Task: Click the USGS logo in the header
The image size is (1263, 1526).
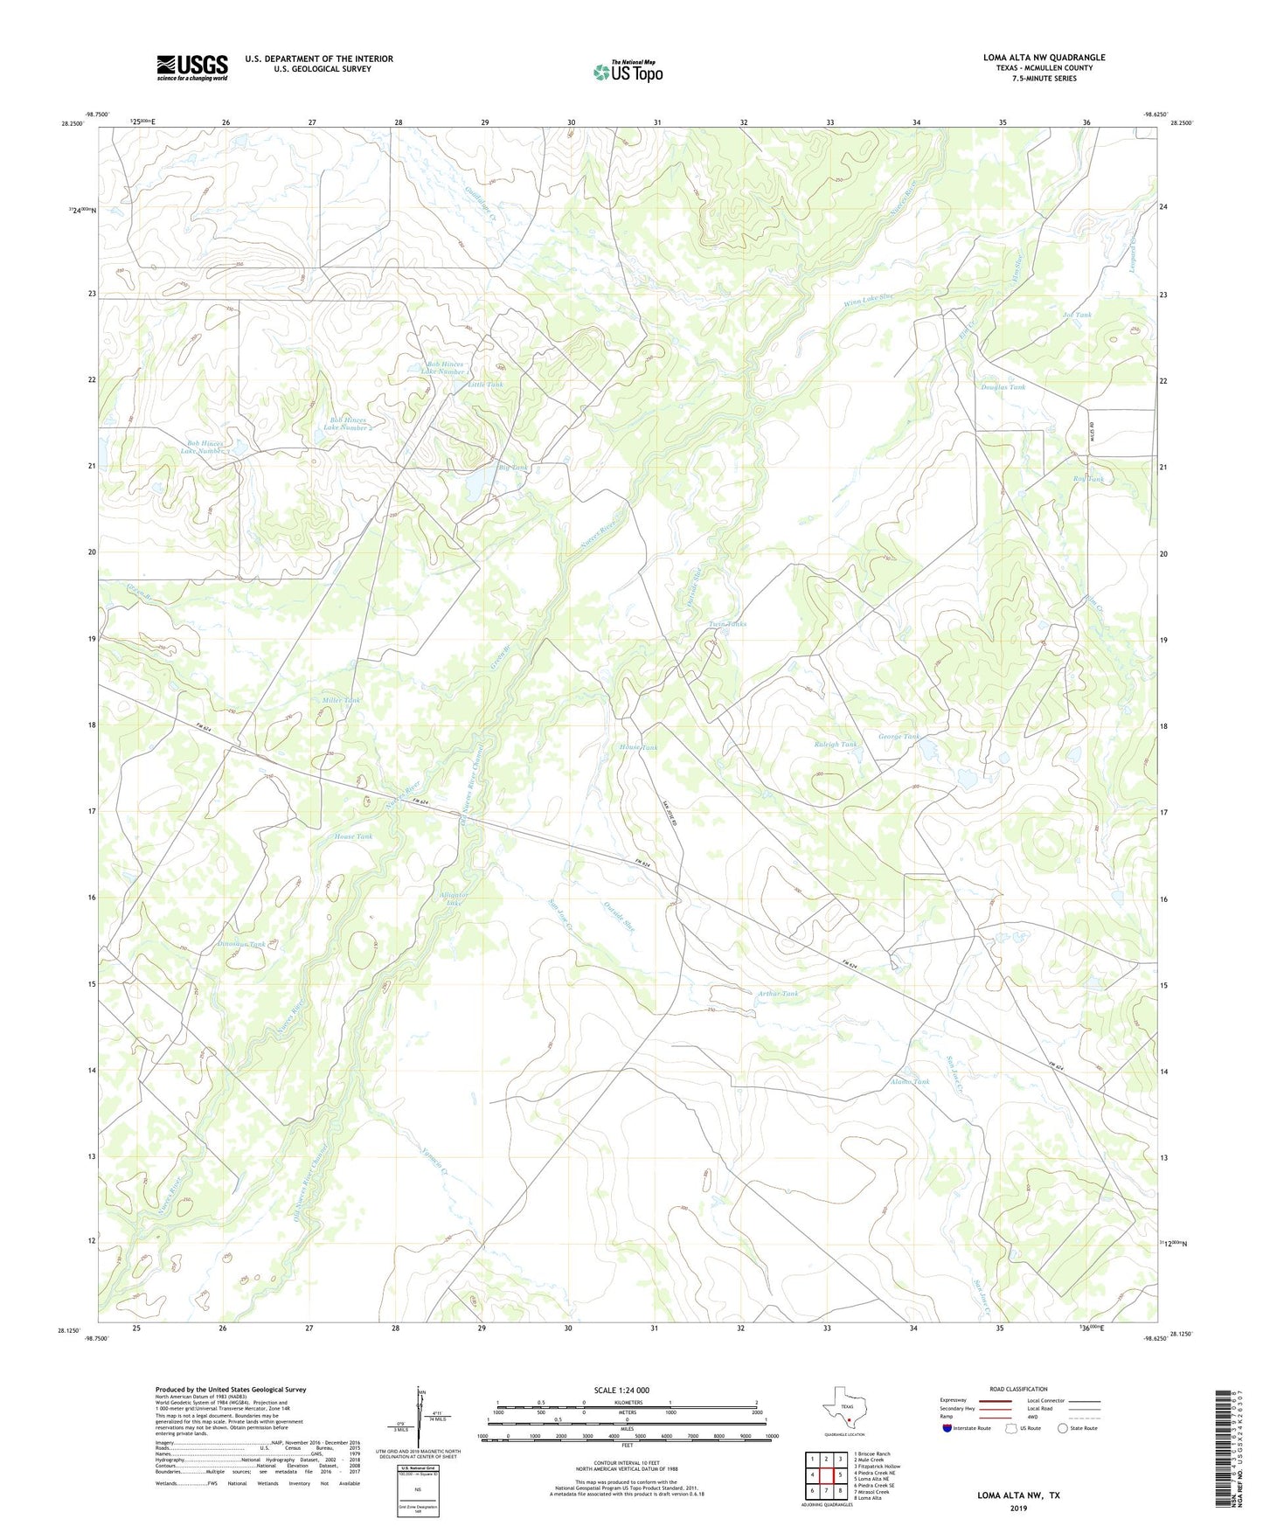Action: (x=192, y=67)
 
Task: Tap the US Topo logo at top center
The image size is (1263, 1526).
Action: (x=627, y=72)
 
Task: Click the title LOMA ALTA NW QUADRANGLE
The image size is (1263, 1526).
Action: (x=1044, y=58)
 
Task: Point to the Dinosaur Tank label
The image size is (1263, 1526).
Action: (x=240, y=944)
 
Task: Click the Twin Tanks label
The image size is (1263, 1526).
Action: (x=727, y=624)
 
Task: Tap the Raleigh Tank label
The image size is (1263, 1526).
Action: (x=836, y=745)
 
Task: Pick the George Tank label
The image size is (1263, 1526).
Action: (x=899, y=737)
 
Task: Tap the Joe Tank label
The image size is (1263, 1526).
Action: (x=1077, y=315)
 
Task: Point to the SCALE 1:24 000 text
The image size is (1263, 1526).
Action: (x=621, y=1390)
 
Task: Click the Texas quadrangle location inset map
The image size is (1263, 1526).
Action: (x=843, y=1410)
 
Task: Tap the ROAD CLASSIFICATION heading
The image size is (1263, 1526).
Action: (x=1018, y=1389)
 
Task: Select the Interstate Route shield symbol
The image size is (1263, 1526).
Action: (x=950, y=1428)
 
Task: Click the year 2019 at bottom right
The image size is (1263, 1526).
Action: (x=1018, y=1508)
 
